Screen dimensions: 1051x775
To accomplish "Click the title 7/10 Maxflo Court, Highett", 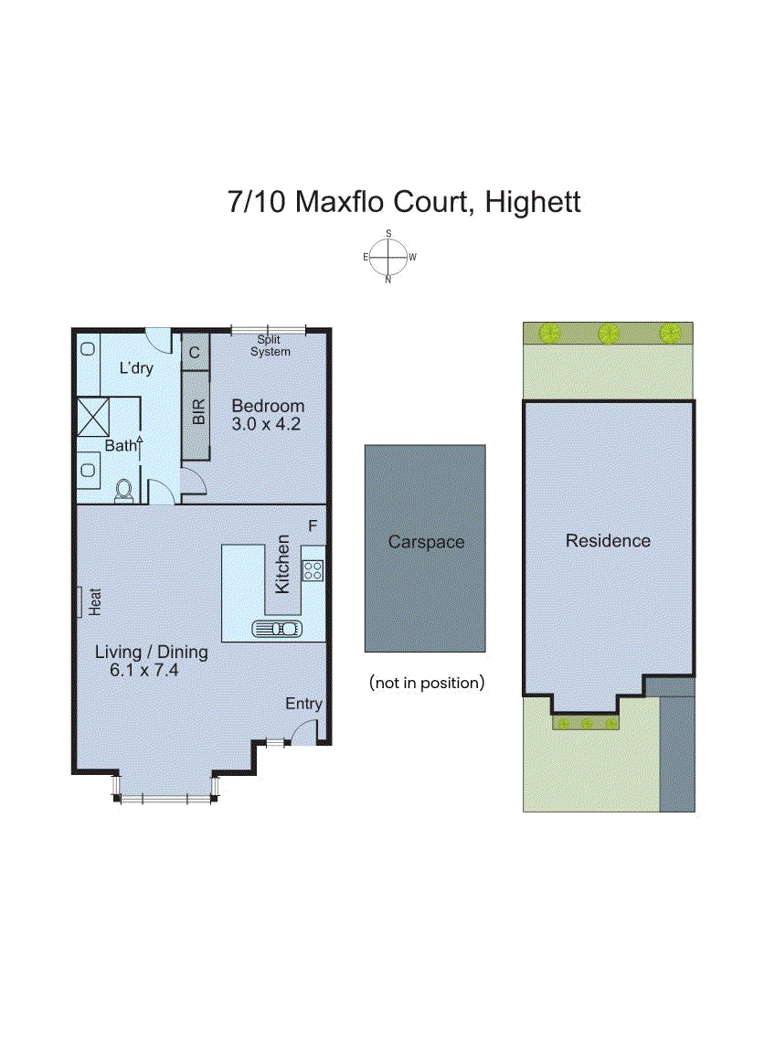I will pos(403,201).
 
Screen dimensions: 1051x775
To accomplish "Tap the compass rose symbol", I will pos(388,257).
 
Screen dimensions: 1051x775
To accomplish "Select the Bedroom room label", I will pos(267,406).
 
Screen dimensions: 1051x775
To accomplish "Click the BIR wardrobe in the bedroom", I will pos(197,413).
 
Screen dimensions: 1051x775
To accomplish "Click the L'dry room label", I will pos(136,368).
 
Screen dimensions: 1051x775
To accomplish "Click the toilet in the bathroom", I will pos(124,491).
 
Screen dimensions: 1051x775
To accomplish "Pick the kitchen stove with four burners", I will pos(313,571).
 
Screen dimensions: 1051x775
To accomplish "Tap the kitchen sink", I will pos(276,628).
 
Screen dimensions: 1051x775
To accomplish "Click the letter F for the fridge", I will pos(313,526).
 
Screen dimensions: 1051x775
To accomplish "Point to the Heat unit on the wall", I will pos(82,600).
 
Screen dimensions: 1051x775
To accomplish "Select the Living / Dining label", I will pos(152,653).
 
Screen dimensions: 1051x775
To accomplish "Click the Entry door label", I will pos(303,704).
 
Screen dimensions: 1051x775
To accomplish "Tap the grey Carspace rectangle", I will pos(425,548).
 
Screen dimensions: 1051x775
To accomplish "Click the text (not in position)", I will pos(426,682).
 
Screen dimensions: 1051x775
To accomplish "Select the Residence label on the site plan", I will pos(608,541).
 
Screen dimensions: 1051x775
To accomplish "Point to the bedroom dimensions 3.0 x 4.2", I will pos(266,424).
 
